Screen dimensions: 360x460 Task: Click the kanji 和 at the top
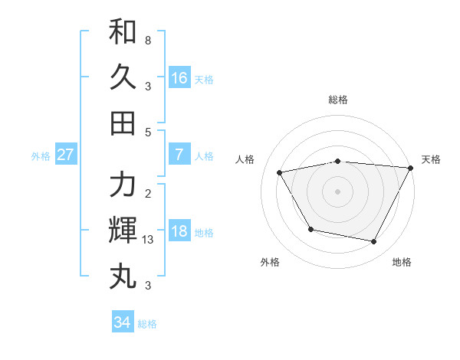tap(123, 33)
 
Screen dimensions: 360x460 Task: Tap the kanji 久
tap(123, 77)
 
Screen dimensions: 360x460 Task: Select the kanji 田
tap(123, 123)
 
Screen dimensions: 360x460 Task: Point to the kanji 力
tap(123, 185)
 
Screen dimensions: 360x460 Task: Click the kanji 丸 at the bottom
tap(123, 275)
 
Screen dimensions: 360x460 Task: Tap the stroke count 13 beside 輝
tap(149, 240)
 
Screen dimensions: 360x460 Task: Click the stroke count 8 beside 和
tap(147, 39)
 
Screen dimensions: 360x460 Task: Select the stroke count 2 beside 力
tap(147, 194)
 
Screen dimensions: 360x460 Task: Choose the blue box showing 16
tap(179, 78)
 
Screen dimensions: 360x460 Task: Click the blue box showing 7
tap(179, 155)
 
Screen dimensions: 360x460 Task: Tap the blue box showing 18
tap(179, 232)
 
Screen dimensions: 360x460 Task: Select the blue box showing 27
tap(66, 155)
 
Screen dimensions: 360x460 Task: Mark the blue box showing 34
tap(123, 322)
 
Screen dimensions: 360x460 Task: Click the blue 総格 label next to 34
tap(147, 324)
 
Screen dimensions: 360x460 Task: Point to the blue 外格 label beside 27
tap(41, 156)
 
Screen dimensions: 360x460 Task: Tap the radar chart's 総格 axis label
tap(338, 100)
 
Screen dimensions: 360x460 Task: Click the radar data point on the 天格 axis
tap(412, 168)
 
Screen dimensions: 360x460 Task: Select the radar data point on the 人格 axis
tap(280, 173)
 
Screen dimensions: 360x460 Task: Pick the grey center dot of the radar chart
tap(338, 191)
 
